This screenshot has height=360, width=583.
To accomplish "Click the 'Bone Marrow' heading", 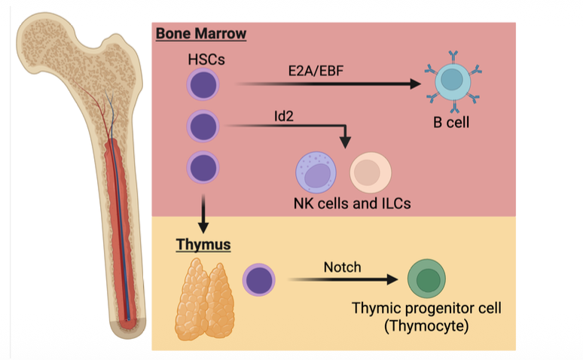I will pyautogui.click(x=201, y=34).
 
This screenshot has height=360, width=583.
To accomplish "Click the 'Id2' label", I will pyautogui.click(x=283, y=117).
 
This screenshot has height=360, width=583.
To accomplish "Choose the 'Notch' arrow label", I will pyautogui.click(x=343, y=267).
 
